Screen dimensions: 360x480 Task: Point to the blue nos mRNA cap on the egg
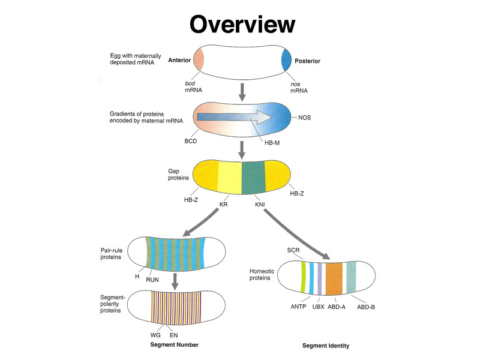click(x=287, y=61)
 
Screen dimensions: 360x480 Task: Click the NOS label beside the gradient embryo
click(x=305, y=118)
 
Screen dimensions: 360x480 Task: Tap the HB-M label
click(x=272, y=143)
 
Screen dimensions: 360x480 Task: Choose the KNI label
click(x=260, y=205)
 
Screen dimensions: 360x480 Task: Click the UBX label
click(x=318, y=307)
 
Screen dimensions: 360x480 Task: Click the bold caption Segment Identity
click(x=326, y=346)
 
